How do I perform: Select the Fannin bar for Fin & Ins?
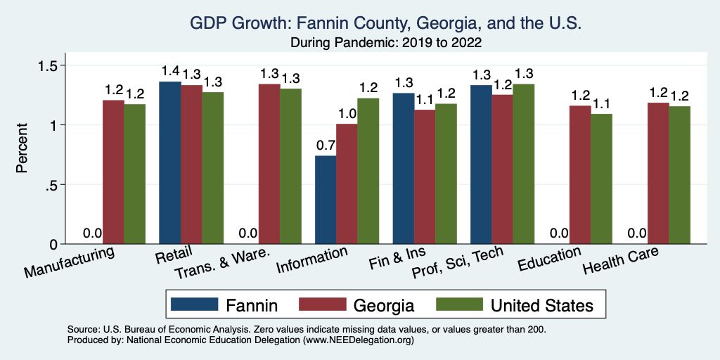[403, 169]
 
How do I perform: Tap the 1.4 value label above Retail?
[170, 71]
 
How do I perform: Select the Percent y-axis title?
[23, 148]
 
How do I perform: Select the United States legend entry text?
[542, 305]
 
